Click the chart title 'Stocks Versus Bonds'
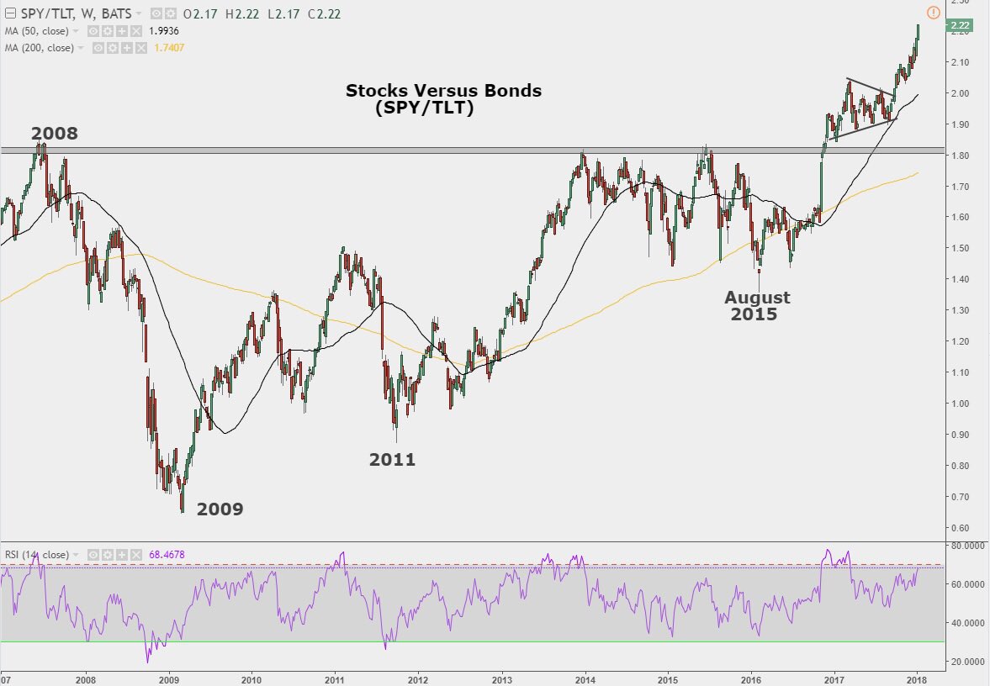click(443, 91)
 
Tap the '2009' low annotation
click(220, 509)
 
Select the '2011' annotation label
click(392, 459)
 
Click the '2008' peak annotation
click(54, 134)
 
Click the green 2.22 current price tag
click(960, 26)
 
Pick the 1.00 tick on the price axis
click(960, 404)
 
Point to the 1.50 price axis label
click(960, 248)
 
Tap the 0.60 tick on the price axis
click(960, 528)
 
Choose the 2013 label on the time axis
click(502, 678)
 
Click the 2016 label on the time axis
click(751, 678)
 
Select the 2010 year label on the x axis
click(252, 678)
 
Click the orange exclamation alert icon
click(932, 12)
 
